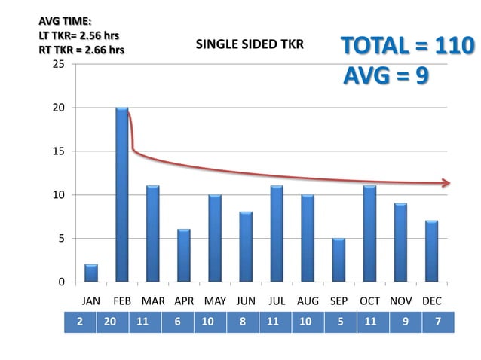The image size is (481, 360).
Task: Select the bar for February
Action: point(122,194)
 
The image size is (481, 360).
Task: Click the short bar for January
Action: point(91,273)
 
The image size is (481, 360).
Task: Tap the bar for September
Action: point(339,260)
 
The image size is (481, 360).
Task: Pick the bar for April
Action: point(184,255)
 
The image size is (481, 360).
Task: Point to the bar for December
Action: point(431,252)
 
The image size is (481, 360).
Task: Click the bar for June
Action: point(246,246)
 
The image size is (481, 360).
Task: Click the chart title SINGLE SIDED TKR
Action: point(250,44)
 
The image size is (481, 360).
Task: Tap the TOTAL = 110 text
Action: point(408,46)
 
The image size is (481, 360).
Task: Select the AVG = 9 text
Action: point(386,75)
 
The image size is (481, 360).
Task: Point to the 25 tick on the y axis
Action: point(59,64)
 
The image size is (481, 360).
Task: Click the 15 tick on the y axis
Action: point(59,151)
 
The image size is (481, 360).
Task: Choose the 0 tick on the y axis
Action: point(62,282)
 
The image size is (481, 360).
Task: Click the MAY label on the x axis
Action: point(215,301)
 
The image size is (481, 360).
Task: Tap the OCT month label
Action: point(369,301)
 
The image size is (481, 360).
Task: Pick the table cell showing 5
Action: point(340,322)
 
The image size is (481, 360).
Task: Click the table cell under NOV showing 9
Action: point(406,322)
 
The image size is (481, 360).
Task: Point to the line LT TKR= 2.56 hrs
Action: point(79,35)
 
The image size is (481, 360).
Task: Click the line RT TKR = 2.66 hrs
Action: point(81,50)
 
